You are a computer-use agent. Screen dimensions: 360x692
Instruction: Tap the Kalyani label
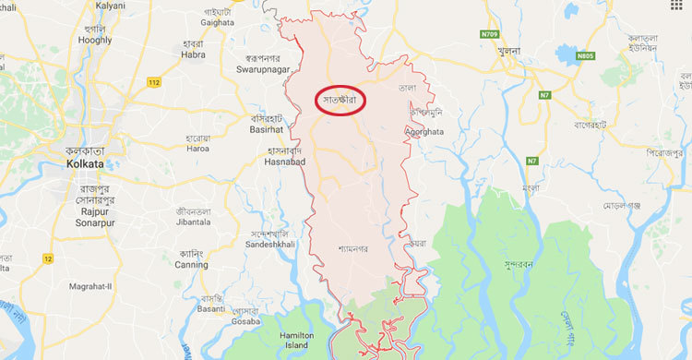(109, 6)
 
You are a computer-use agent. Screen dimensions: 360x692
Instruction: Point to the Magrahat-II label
(90, 286)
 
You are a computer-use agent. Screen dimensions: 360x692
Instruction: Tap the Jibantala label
(194, 222)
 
